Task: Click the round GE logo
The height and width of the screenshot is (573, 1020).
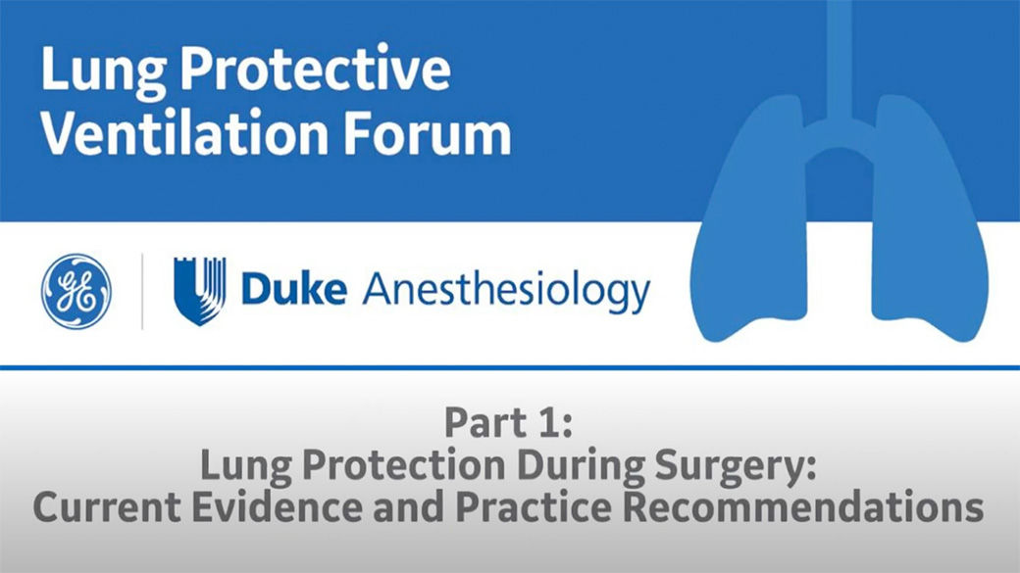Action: pyautogui.click(x=76, y=291)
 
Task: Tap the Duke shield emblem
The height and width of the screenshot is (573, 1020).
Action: pyautogui.click(x=200, y=291)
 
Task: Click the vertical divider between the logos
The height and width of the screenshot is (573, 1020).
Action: pyautogui.click(x=142, y=291)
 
